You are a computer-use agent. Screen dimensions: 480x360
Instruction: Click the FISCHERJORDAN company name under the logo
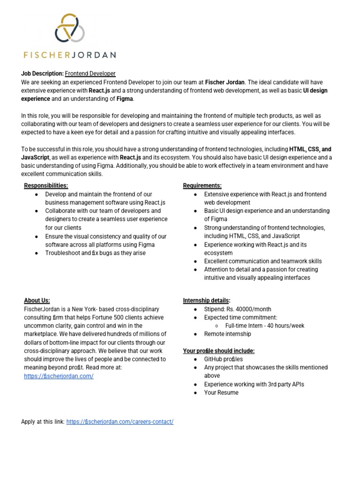coord(69,54)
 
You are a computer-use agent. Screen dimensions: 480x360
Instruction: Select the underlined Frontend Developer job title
coord(90,74)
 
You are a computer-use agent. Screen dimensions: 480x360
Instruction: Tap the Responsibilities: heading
coord(46,186)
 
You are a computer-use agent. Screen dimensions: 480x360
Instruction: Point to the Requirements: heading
coord(202,186)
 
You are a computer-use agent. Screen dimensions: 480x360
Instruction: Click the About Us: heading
coord(37,300)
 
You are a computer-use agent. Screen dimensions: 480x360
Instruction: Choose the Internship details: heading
coord(206,300)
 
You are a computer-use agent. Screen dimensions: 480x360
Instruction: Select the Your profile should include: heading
coord(218,351)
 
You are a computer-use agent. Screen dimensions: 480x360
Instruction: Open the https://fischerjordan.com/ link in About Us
coord(59,376)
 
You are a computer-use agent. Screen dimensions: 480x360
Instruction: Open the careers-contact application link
coord(120,421)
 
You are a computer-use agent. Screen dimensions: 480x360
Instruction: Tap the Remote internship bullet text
coord(227,334)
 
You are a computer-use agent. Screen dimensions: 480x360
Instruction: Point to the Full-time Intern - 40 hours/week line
coord(265,326)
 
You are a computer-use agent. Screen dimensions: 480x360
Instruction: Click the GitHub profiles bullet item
coord(224,359)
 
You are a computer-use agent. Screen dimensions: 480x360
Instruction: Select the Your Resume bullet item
coord(221,392)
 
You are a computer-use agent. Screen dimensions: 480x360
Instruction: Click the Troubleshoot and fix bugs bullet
coord(95,253)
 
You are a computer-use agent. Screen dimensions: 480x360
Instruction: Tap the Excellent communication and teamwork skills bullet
coord(263,261)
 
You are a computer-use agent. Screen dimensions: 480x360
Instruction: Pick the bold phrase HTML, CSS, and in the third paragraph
coord(310,149)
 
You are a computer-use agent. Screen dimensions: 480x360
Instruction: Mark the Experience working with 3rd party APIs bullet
coord(254,384)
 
